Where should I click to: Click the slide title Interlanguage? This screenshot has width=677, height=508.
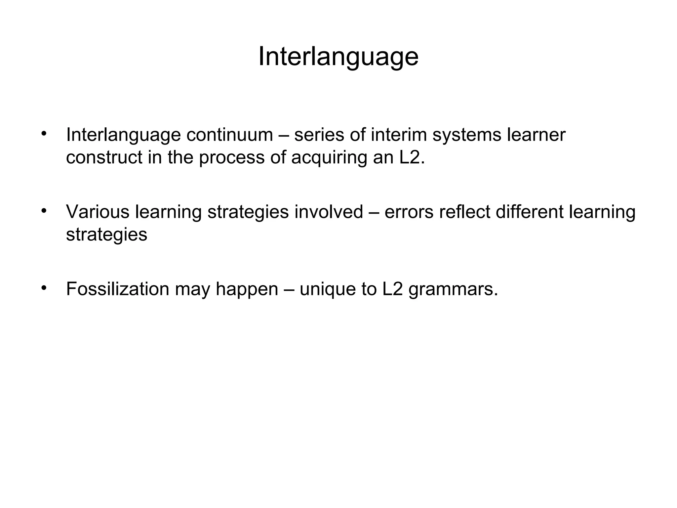(338, 57)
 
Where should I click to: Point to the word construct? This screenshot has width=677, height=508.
(104, 157)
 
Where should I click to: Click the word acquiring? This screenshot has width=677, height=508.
(329, 158)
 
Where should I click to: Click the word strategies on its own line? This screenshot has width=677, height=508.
(106, 235)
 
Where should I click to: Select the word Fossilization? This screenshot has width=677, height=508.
(117, 289)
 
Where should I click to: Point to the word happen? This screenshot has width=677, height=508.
(247, 289)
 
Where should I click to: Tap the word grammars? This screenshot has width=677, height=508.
(453, 289)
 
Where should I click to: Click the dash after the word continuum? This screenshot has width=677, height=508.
(283, 135)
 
